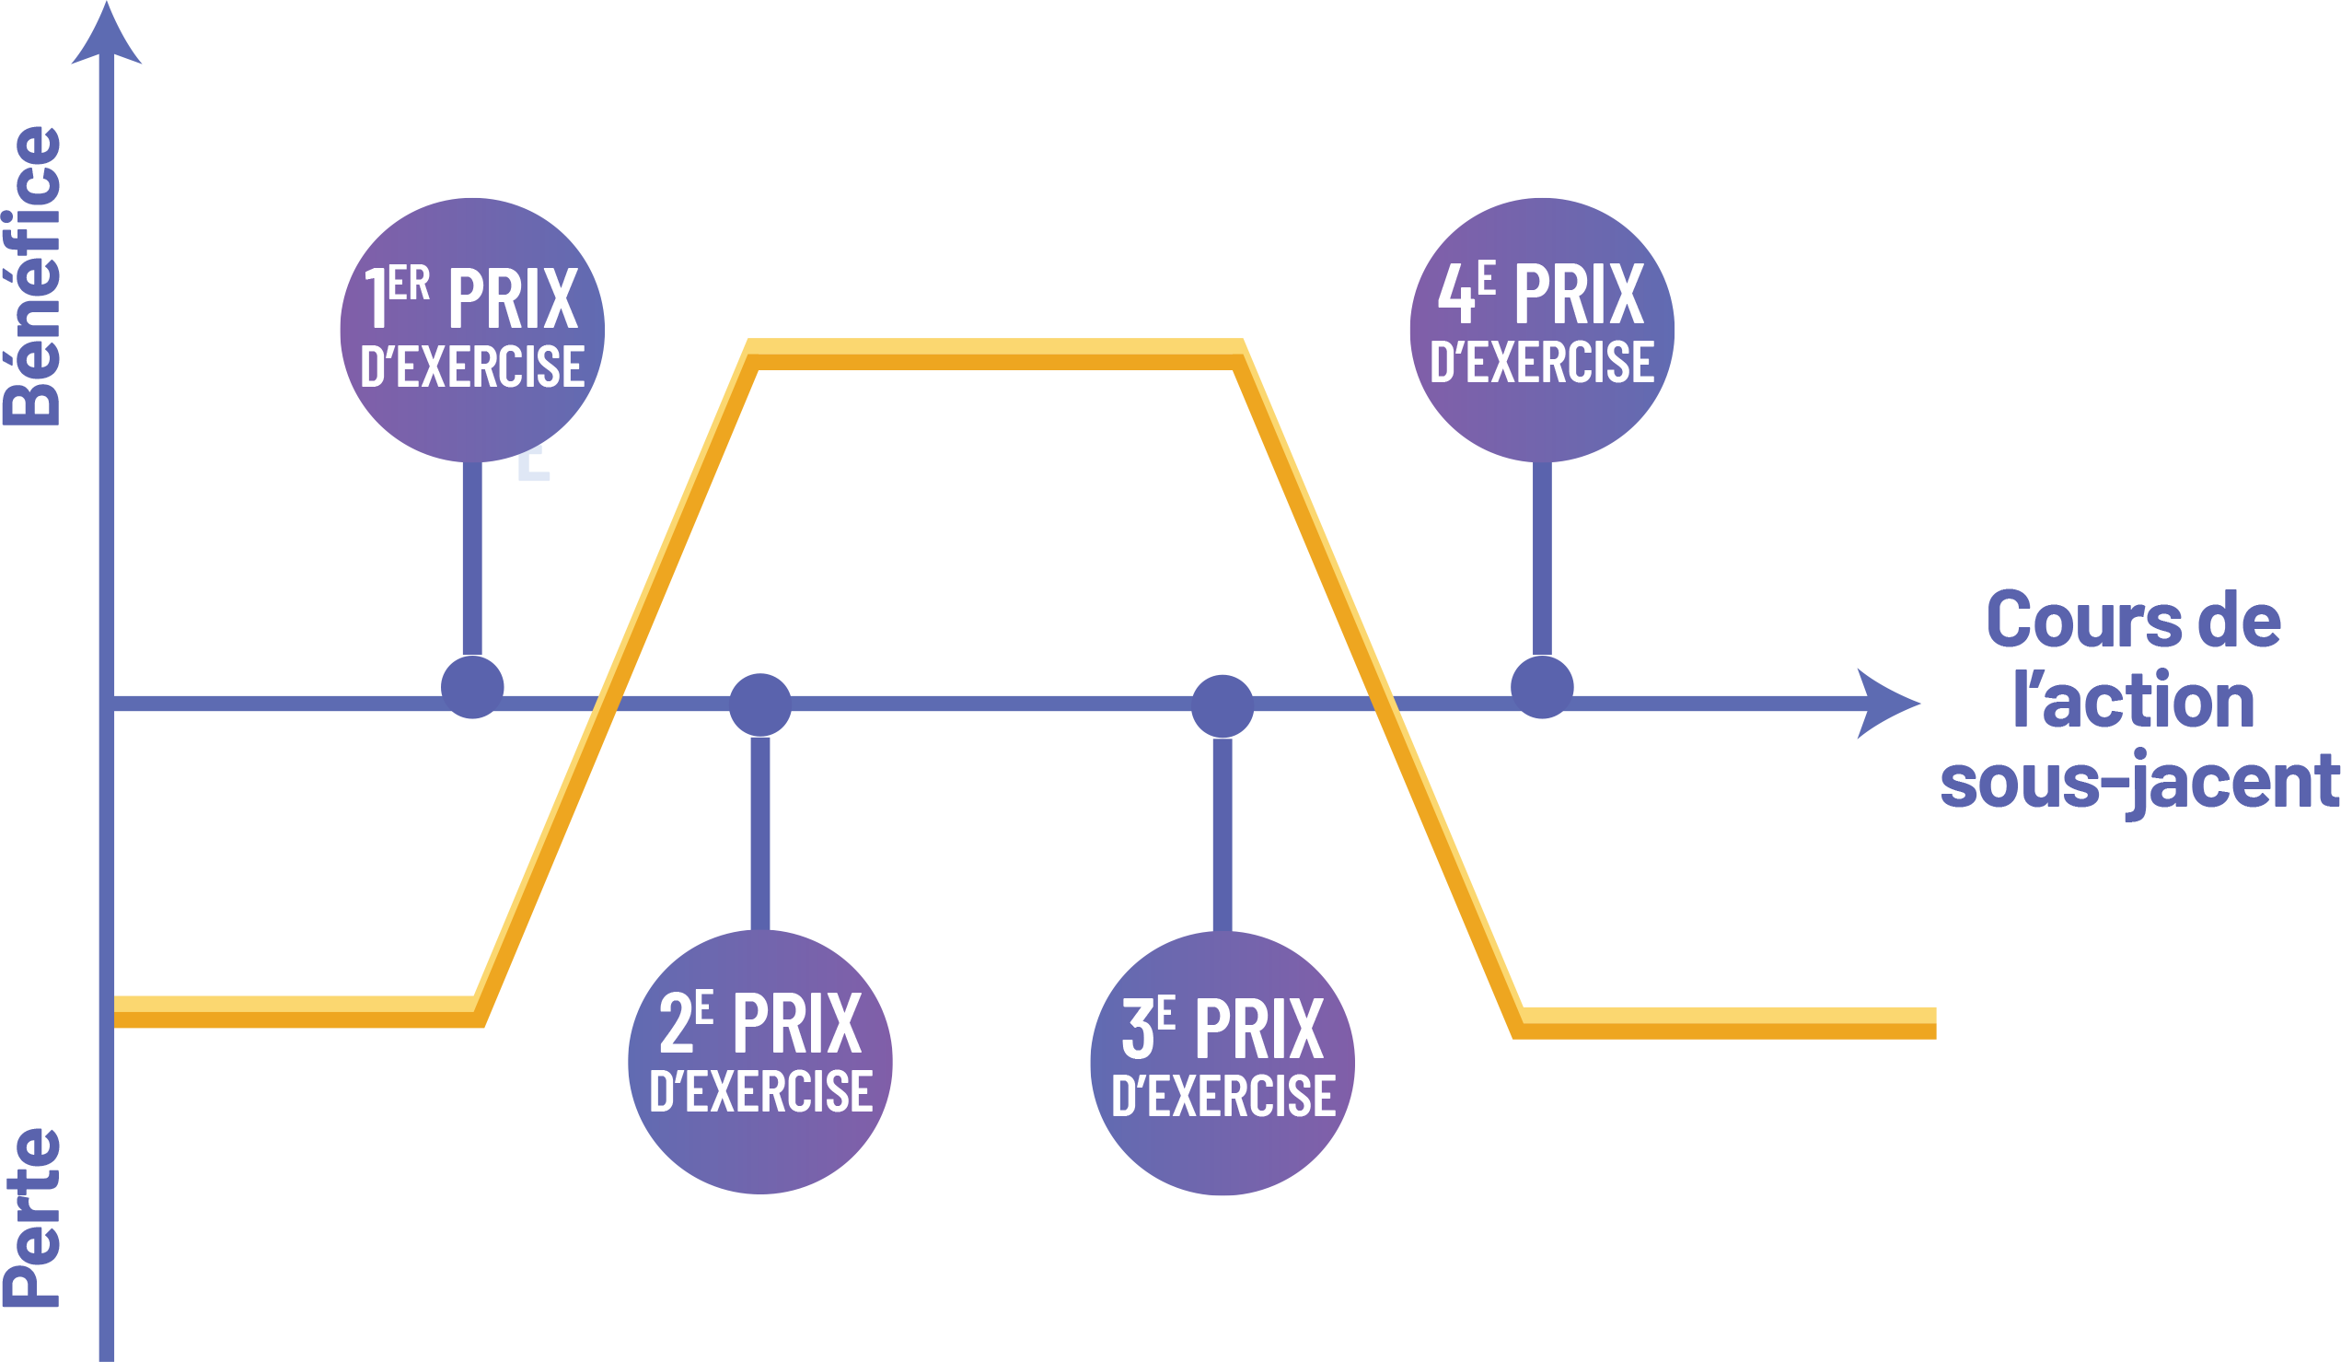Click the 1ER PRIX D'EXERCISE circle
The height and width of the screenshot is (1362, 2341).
pos(472,329)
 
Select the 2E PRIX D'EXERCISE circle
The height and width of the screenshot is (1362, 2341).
pos(759,1061)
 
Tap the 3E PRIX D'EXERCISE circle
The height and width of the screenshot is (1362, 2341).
pos(1222,1063)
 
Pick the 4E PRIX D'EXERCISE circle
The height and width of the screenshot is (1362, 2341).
pos(1541,329)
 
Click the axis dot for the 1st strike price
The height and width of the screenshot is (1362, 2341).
pos(472,688)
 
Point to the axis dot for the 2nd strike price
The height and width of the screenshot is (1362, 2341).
pos(759,704)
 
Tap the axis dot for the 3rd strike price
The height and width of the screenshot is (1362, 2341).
pos(1222,705)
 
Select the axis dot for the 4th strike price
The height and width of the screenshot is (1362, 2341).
pos(1541,688)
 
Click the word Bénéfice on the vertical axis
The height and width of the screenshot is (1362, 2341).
pos(33,276)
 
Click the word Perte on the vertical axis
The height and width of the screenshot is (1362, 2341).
pos(33,1217)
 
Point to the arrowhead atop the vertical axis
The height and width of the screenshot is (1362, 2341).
pos(107,37)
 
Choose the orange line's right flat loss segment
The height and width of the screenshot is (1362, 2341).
pos(1728,1023)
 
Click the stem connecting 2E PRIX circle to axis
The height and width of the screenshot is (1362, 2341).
pos(759,832)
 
